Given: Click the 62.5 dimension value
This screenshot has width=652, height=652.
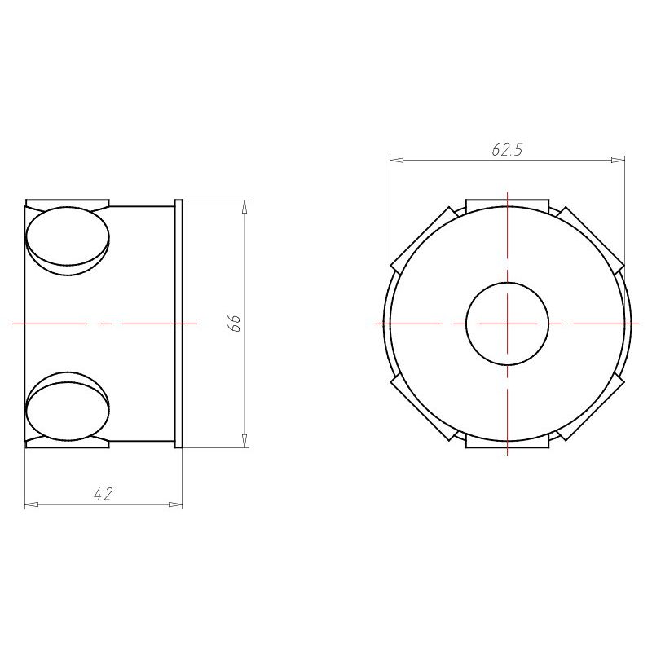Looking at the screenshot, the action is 507,150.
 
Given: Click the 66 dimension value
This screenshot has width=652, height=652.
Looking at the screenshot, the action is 235,323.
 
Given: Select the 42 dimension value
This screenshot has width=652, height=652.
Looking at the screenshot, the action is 104,494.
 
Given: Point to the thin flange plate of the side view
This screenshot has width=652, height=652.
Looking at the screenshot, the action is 178,324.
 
